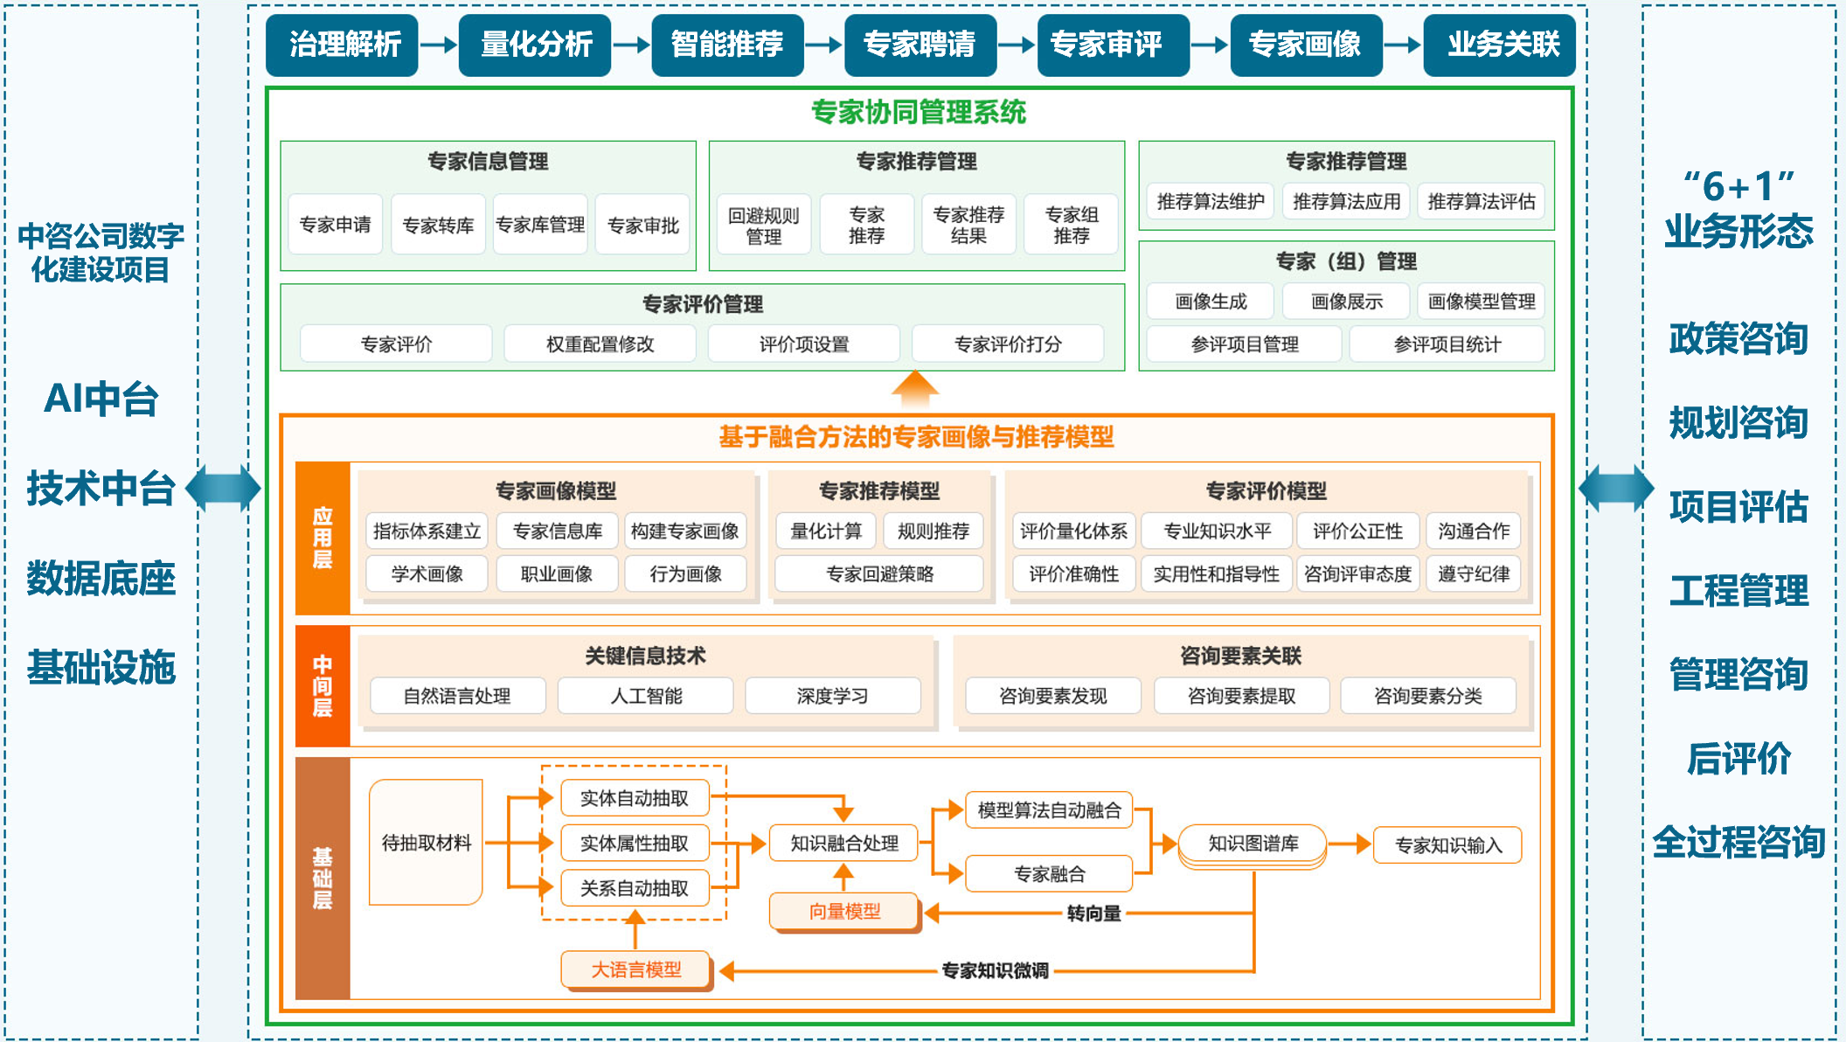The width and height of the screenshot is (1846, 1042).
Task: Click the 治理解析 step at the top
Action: pyautogui.click(x=343, y=44)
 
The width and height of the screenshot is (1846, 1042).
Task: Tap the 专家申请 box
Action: pyautogui.click(x=335, y=225)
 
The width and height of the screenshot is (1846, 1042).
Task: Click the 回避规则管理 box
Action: pyautogui.click(x=763, y=225)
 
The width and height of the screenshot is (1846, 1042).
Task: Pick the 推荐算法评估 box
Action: pyautogui.click(x=1481, y=202)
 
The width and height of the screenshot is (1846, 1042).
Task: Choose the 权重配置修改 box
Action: pyautogui.click(x=600, y=344)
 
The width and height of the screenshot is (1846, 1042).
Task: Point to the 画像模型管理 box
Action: pyautogui.click(x=1481, y=302)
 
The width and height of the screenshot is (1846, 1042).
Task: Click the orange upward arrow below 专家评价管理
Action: pyautogui.click(x=915, y=388)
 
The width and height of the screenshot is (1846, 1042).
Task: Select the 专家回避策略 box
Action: pyautogui.click(x=879, y=573)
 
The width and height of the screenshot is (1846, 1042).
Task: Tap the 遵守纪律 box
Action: pyautogui.click(x=1473, y=573)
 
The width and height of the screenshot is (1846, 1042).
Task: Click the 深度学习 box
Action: pyautogui.click(x=832, y=696)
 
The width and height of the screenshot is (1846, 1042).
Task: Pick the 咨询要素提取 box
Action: pyautogui.click(x=1241, y=696)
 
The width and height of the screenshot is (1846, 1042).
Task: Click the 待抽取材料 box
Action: pyautogui.click(x=426, y=843)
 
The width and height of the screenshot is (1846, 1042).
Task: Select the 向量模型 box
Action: pyautogui.click(x=844, y=912)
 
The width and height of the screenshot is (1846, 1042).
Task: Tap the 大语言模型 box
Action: pyautogui.click(x=635, y=969)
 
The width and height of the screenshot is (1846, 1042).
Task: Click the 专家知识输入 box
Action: pyautogui.click(x=1447, y=845)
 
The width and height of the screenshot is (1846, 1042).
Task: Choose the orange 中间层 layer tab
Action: pyautogui.click(x=323, y=686)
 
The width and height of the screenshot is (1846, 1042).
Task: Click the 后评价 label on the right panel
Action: pyautogui.click(x=1738, y=758)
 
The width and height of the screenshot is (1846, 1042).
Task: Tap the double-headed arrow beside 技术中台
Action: pyautogui.click(x=224, y=488)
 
